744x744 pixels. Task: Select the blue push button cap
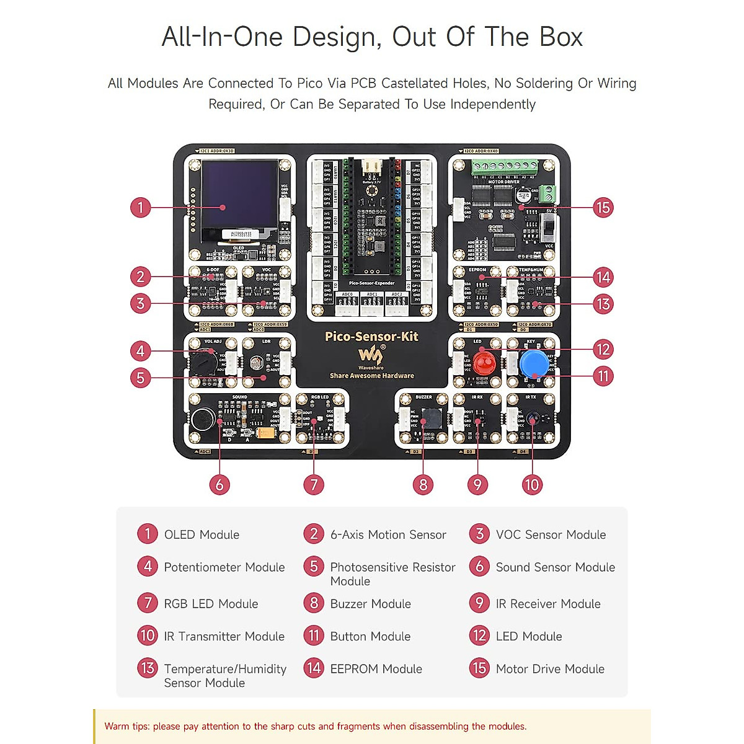534,363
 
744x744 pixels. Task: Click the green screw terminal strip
504,166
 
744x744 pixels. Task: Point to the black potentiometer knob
203,361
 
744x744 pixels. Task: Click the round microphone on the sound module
202,420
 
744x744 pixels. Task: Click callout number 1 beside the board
141,207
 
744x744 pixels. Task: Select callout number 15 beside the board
603,207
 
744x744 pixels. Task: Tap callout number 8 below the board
423,484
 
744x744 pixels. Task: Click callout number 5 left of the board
141,377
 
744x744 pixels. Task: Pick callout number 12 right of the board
603,350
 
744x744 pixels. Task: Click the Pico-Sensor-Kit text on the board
371,337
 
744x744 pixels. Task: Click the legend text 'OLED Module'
201,534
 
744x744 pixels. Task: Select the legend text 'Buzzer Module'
370,604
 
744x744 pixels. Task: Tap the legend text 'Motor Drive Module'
550,669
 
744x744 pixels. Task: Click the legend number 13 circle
148,668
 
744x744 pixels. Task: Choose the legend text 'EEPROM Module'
376,669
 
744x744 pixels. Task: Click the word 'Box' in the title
561,37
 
